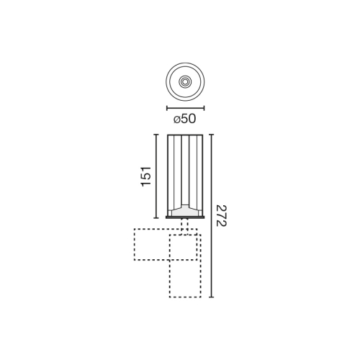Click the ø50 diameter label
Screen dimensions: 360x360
click(185, 119)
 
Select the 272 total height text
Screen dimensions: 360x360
click(222, 215)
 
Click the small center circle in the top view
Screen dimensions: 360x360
click(185, 83)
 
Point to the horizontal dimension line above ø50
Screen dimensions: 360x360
click(185, 107)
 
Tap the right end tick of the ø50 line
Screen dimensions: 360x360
click(204, 107)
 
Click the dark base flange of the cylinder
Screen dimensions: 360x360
click(185, 216)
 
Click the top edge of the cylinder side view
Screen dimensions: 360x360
click(185, 135)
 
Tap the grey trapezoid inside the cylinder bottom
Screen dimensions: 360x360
click(185, 210)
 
